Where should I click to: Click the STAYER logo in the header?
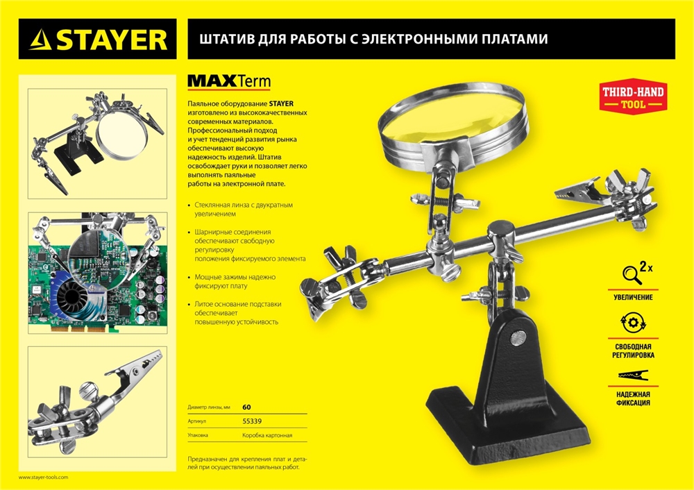click(x=97, y=39)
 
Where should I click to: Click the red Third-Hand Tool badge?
click(x=632, y=97)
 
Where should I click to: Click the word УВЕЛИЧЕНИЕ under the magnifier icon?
click(x=633, y=297)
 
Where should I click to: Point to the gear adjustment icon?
click(x=632, y=324)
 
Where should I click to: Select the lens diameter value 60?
click(x=247, y=407)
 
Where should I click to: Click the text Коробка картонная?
click(x=267, y=436)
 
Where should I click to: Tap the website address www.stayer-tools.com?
click(x=43, y=478)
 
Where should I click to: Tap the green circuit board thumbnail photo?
click(x=97, y=273)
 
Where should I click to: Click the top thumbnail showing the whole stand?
click(x=97, y=142)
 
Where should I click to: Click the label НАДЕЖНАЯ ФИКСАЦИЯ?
click(x=633, y=398)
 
